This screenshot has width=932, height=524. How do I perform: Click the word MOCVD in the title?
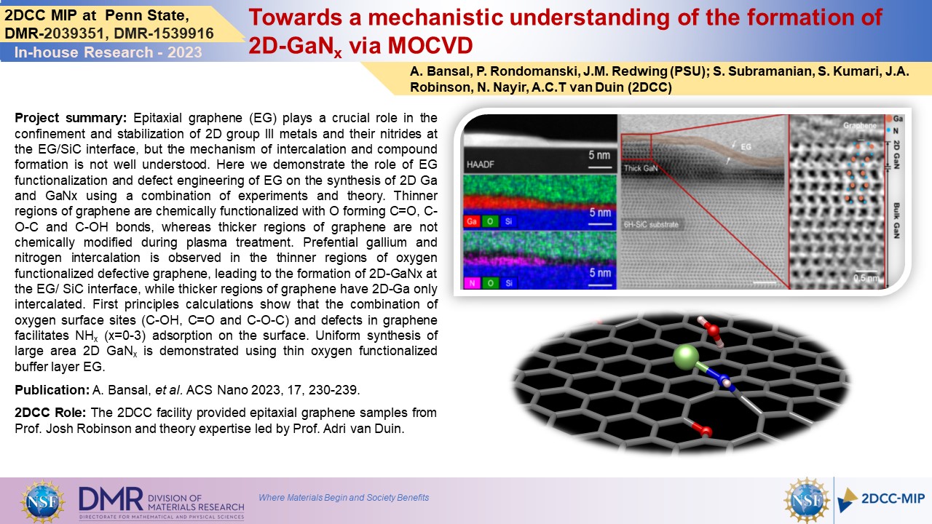[x=430, y=45]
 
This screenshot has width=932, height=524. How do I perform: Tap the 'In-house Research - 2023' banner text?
[x=108, y=52]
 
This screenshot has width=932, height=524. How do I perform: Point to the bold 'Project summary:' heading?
[x=71, y=119]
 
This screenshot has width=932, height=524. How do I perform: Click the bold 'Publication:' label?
[x=52, y=390]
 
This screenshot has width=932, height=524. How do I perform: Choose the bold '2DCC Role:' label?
[x=50, y=413]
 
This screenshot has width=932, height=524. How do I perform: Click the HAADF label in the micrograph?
[x=480, y=164]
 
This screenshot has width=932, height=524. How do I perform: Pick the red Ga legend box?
[x=472, y=221]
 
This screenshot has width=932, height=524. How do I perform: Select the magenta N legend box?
[x=472, y=283]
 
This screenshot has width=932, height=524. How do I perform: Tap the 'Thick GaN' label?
[x=641, y=168]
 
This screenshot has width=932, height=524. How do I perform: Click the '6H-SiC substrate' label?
[x=651, y=225]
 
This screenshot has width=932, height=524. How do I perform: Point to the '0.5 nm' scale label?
[x=866, y=278]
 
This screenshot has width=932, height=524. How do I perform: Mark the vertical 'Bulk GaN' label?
[x=896, y=221]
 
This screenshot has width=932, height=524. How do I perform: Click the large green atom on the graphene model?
[x=686, y=357]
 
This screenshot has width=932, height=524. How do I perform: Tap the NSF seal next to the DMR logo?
[x=42, y=501]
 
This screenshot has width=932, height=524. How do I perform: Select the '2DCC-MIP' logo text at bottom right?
[x=893, y=499]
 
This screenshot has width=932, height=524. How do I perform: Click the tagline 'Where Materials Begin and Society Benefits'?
[x=344, y=497]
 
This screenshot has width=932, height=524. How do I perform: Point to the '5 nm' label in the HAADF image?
[x=599, y=155]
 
